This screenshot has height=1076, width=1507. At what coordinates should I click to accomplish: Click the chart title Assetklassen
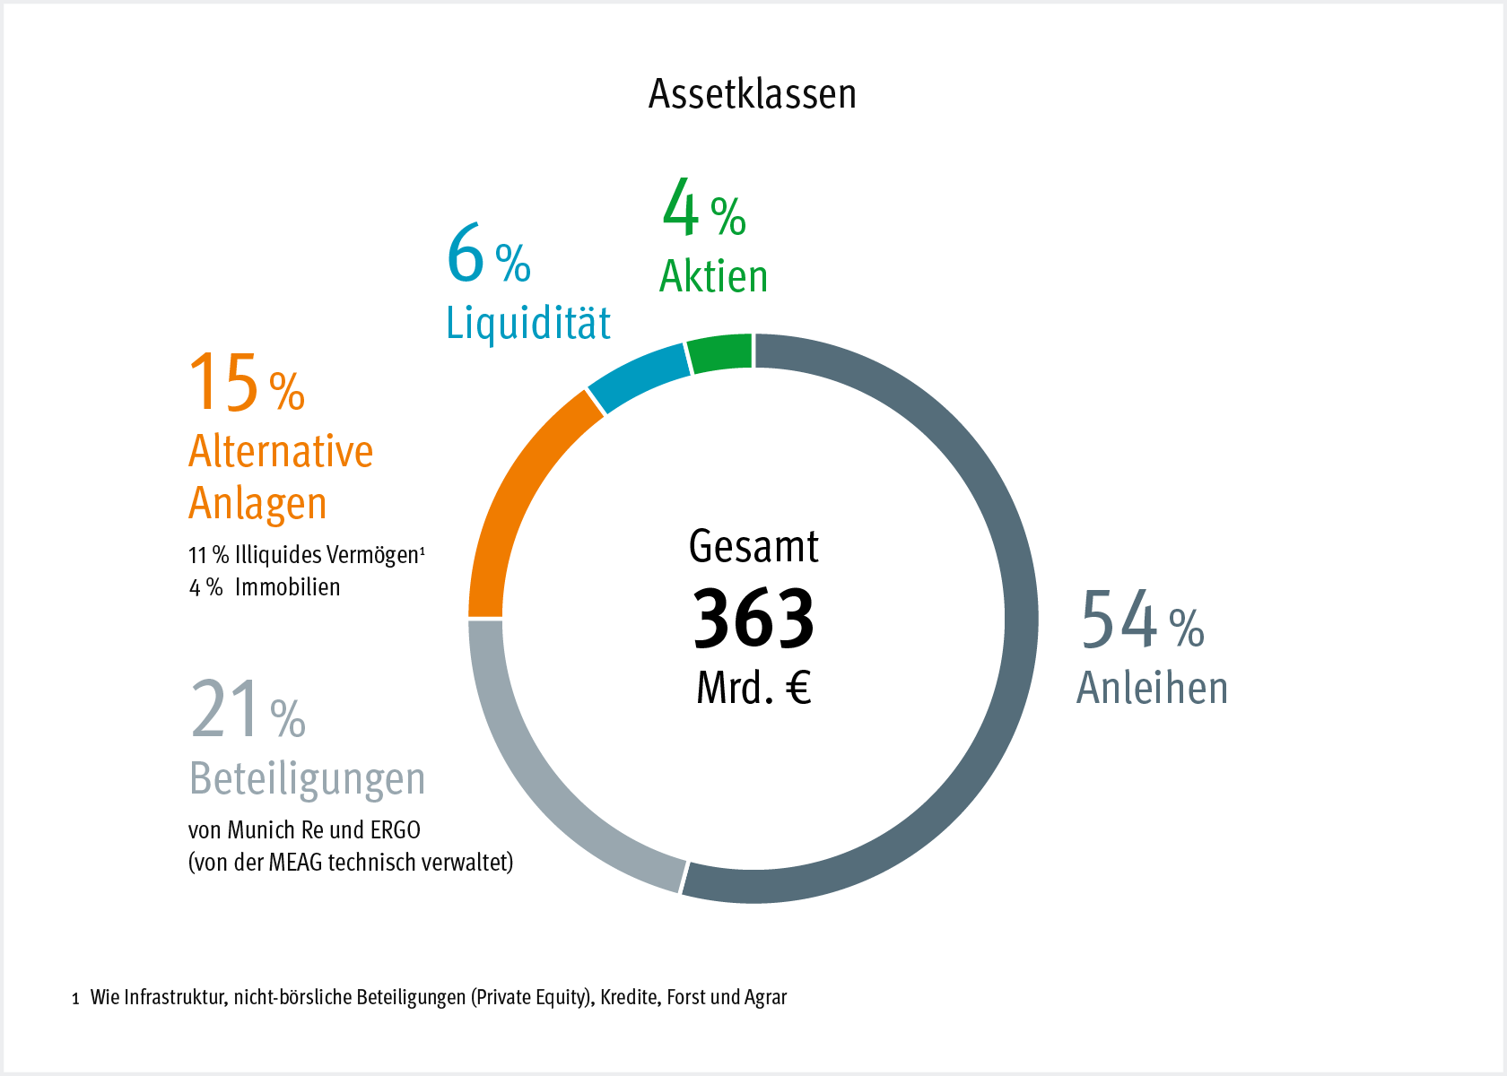tap(752, 94)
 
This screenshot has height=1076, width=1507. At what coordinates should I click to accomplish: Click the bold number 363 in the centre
tap(753, 619)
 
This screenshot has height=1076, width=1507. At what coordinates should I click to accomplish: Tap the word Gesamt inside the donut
tap(753, 547)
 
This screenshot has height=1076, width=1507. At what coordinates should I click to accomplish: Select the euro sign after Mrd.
tap(798, 688)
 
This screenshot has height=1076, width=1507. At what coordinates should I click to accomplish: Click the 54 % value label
tap(1142, 620)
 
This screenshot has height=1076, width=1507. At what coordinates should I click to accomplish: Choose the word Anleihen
tap(1152, 689)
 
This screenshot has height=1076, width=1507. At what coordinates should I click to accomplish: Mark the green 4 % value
tap(703, 208)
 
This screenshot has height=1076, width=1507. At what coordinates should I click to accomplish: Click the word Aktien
tap(714, 276)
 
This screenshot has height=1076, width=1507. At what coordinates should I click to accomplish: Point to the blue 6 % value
tap(489, 255)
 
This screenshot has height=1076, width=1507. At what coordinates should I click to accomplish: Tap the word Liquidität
tap(528, 323)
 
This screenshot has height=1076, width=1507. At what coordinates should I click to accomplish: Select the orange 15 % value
tap(247, 384)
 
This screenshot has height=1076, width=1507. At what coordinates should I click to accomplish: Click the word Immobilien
tap(287, 587)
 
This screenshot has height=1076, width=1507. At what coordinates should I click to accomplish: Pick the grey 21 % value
tap(248, 710)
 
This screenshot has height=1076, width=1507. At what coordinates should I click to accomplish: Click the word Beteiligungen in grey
tap(307, 778)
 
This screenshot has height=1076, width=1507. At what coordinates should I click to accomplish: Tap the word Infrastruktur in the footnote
tap(174, 997)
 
